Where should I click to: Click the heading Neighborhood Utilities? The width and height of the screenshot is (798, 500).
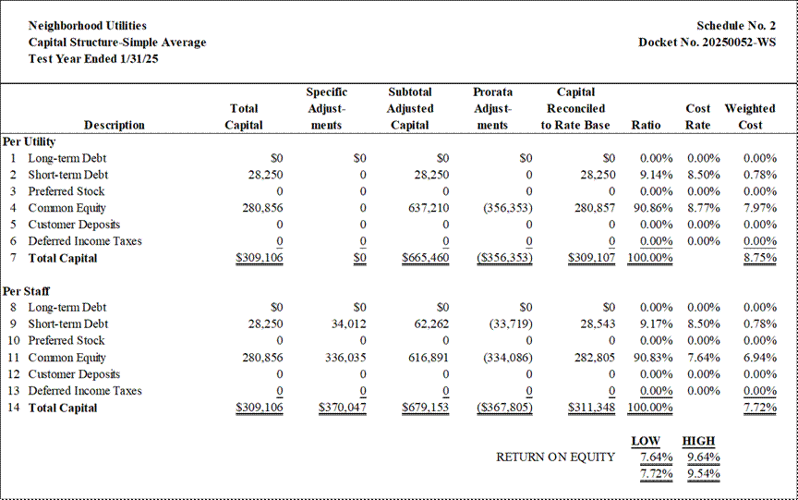(x=88, y=26)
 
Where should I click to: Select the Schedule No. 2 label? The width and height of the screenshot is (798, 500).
(x=736, y=26)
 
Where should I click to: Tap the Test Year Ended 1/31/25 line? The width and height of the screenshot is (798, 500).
(x=93, y=58)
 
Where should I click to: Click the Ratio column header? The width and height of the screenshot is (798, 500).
(x=646, y=126)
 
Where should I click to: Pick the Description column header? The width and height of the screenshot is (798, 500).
(x=114, y=126)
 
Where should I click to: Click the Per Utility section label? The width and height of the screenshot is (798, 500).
(x=29, y=141)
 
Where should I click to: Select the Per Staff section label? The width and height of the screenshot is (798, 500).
(x=27, y=291)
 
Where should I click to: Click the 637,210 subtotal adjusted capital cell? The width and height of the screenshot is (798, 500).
(x=429, y=208)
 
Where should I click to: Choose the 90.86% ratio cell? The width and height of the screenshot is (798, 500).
(x=653, y=208)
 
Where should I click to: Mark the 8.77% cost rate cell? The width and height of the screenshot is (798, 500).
(x=704, y=208)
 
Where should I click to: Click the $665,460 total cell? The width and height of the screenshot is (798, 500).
(x=426, y=258)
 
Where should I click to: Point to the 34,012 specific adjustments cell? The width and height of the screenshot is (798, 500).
(x=348, y=323)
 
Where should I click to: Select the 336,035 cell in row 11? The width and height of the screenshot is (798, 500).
(x=345, y=358)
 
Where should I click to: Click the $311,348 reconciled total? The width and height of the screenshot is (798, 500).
(x=591, y=408)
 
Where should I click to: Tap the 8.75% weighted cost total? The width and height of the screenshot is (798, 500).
(x=760, y=258)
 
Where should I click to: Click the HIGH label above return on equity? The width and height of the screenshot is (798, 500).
(x=699, y=441)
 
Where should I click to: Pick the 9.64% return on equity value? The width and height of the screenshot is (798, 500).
(x=704, y=457)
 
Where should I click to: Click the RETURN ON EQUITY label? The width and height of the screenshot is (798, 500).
(x=556, y=457)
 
